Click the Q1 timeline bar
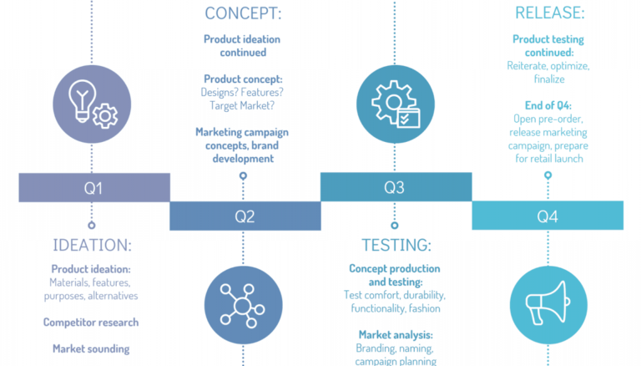click(x=93, y=188)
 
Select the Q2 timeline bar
click(x=245, y=216)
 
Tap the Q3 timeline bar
click(x=395, y=188)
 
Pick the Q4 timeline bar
click(x=547, y=216)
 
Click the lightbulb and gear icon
click(x=92, y=104)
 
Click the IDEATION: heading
click(x=92, y=245)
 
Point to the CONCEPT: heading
click(x=243, y=13)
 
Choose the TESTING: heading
click(x=396, y=245)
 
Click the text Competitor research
click(x=92, y=322)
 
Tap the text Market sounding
click(x=92, y=348)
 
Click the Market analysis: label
click(x=396, y=334)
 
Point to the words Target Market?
click(x=243, y=106)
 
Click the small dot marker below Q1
click(x=92, y=224)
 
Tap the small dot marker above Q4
click(x=548, y=175)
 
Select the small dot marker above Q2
click(x=243, y=175)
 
